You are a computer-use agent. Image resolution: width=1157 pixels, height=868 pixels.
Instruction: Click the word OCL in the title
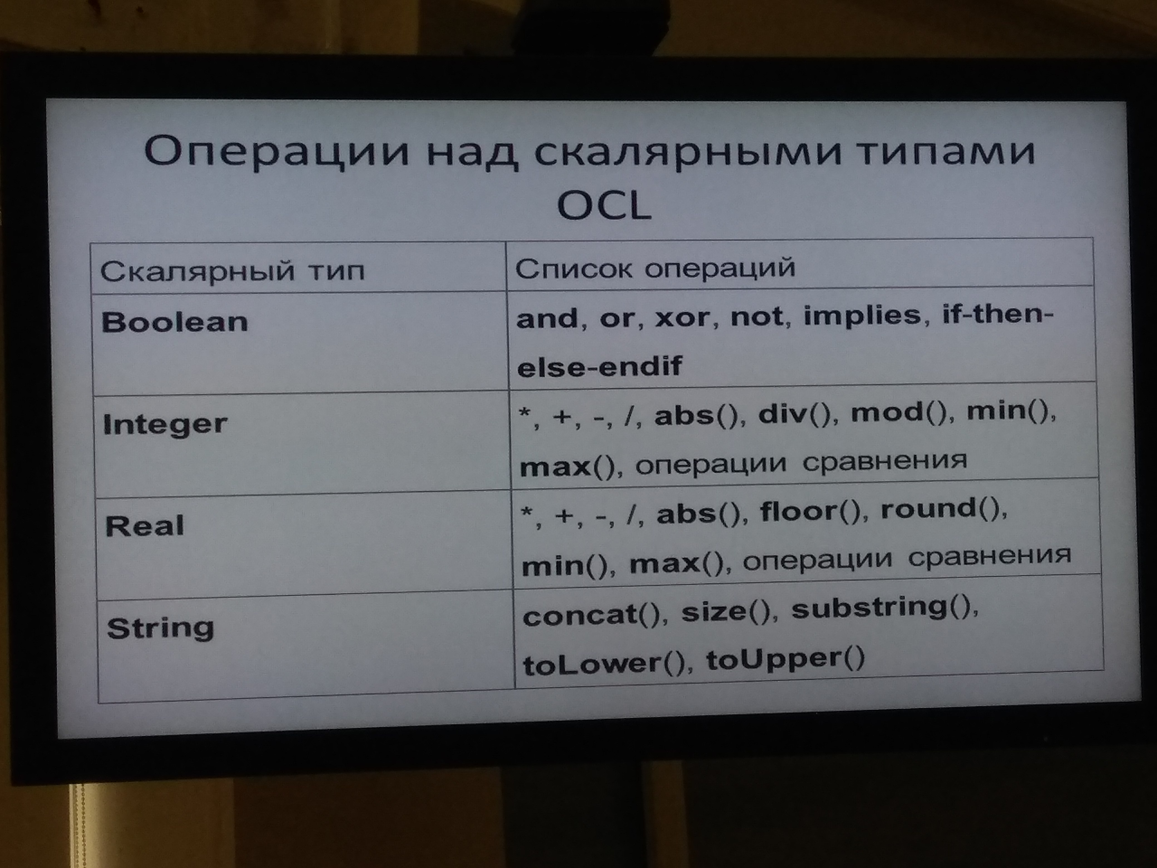click(604, 205)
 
